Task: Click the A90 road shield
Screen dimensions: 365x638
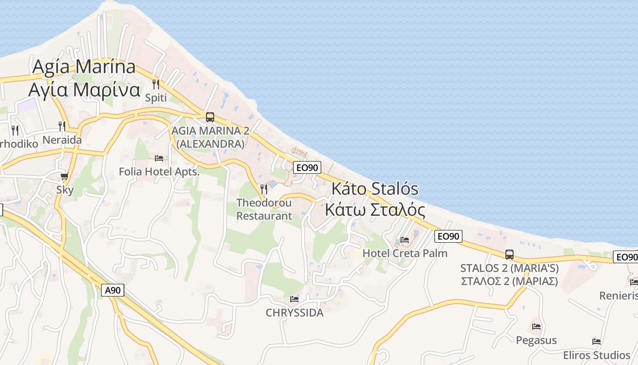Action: point(112,290)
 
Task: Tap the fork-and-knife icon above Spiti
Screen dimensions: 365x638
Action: point(155,84)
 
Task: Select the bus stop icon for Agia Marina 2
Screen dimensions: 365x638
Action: point(210,117)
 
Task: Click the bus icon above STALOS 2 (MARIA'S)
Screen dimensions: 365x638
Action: point(509,255)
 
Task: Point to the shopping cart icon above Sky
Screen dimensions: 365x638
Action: point(65,177)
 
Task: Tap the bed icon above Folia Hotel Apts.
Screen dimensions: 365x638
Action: point(159,158)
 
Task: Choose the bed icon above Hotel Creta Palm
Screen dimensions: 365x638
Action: point(405,240)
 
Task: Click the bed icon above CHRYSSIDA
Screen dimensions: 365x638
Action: point(294,299)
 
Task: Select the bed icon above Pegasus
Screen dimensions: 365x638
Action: point(536,327)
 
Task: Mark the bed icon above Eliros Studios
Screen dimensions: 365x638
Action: point(596,341)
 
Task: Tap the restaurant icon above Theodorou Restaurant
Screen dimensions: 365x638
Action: point(264,189)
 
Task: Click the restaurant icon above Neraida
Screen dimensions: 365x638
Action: point(62,126)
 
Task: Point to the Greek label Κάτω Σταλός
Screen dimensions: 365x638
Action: point(375,210)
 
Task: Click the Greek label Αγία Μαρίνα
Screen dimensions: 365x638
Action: point(84,90)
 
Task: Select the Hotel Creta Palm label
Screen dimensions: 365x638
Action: point(405,253)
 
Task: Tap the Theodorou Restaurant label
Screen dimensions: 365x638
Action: point(264,209)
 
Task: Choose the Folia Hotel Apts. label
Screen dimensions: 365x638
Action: point(159,172)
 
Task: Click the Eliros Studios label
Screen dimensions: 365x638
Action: point(596,355)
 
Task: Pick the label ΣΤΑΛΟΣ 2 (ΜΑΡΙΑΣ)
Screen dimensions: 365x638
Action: point(509,281)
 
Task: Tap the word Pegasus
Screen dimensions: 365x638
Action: point(536,340)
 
